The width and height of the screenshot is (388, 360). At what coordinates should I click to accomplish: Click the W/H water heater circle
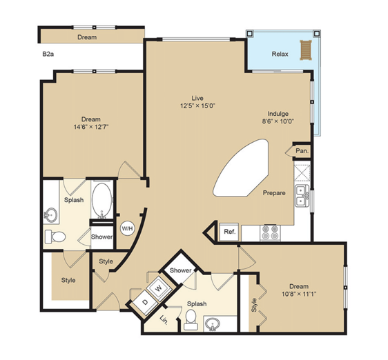(x=127, y=228)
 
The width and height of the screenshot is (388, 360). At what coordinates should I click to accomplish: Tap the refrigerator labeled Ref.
(x=229, y=232)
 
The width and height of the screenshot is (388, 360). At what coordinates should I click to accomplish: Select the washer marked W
(x=159, y=288)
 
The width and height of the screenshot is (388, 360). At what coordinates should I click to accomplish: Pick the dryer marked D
(x=145, y=301)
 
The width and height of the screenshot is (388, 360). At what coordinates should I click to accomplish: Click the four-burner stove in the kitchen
(x=271, y=232)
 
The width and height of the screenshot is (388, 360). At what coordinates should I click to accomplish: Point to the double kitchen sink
(x=302, y=196)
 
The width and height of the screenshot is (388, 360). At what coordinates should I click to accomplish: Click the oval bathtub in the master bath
(x=101, y=201)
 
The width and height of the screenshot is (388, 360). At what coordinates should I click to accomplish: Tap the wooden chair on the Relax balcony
(x=306, y=50)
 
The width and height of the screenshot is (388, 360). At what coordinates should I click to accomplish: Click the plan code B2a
(x=48, y=54)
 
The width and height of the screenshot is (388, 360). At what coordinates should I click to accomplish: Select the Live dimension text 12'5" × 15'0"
(x=197, y=106)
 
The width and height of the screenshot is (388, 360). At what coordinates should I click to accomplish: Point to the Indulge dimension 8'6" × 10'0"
(x=278, y=121)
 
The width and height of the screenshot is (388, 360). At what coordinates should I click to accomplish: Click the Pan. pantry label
(x=302, y=150)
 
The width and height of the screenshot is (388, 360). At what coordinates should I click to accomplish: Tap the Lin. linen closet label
(x=164, y=320)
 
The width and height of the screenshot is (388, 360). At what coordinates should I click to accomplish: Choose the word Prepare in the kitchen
(x=274, y=192)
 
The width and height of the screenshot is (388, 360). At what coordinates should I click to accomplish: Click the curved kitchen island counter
(x=241, y=168)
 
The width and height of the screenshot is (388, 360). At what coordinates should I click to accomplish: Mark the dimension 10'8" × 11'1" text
(x=299, y=294)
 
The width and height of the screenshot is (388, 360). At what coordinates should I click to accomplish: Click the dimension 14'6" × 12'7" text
(x=91, y=127)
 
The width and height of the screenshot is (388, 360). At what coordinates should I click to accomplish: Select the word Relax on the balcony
(x=280, y=54)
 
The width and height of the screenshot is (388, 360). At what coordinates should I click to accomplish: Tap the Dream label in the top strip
(x=87, y=37)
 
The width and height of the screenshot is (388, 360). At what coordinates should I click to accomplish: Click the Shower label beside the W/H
(x=101, y=237)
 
